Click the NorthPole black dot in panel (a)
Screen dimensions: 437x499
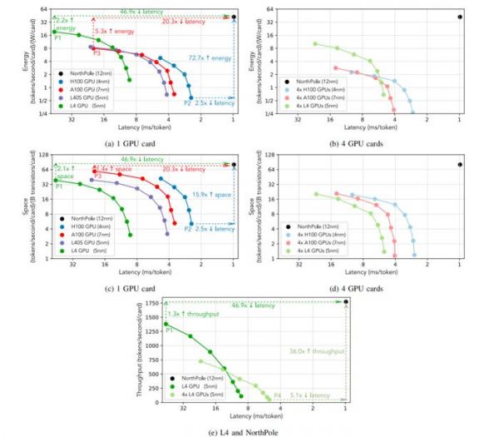click(234, 17)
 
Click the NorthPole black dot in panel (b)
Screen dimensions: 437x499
click(460, 17)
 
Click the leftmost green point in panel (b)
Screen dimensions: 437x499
click(315, 43)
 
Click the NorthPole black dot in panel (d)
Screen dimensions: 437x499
click(460, 164)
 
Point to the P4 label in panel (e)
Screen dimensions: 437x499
click(277, 394)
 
